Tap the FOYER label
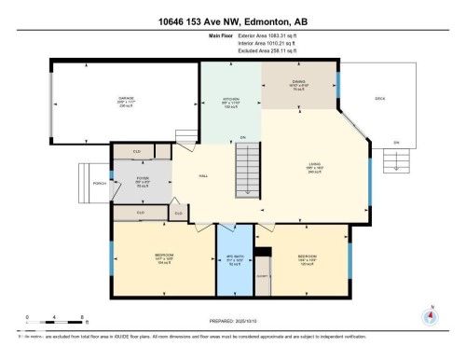(x=143, y=180)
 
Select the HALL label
(x=203, y=175)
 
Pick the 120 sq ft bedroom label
(x=308, y=258)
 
